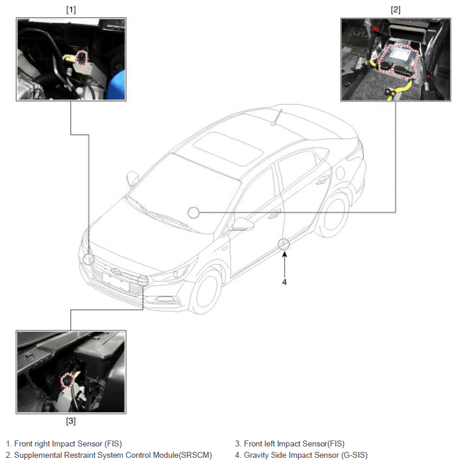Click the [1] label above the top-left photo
point(71,10)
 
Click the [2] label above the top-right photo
point(396,10)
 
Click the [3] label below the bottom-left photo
point(71,421)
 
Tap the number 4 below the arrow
point(284,282)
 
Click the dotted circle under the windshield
point(193,213)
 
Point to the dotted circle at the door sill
point(284,244)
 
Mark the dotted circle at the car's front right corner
point(88,259)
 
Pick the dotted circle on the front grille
point(143,281)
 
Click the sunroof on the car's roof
point(229,149)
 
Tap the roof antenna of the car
point(277,117)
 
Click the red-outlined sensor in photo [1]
point(82,59)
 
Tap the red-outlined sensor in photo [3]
point(67,380)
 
